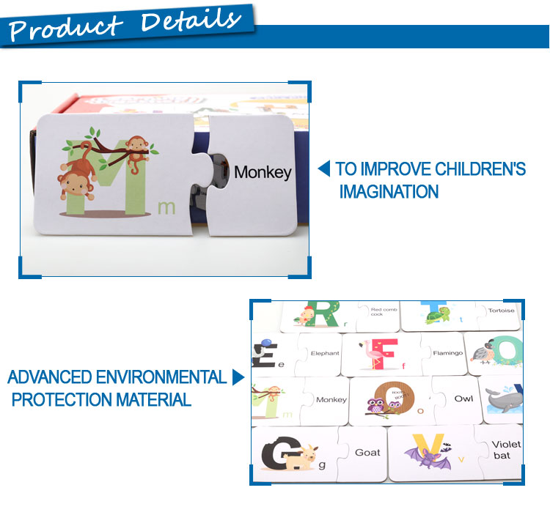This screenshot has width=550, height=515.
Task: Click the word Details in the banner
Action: tap(191, 21)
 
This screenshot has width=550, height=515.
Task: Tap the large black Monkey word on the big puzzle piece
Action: tap(263, 173)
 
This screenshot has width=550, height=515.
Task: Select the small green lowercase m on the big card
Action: tap(166, 207)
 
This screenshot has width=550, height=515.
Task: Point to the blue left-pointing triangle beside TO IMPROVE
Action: tap(323, 168)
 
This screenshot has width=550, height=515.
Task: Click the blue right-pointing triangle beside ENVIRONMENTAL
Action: tap(238, 377)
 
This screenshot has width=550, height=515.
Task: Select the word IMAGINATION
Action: tap(389, 192)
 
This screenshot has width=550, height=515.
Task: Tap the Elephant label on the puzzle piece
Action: tap(325, 353)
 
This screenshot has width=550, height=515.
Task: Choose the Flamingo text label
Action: tap(448, 353)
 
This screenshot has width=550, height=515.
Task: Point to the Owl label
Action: tap(463, 399)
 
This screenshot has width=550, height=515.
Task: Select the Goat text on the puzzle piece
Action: tap(367, 453)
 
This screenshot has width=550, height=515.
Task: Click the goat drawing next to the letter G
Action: tap(301, 457)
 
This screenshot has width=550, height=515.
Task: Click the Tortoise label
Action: tap(502, 311)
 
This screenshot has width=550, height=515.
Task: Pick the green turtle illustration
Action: tap(438, 314)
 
